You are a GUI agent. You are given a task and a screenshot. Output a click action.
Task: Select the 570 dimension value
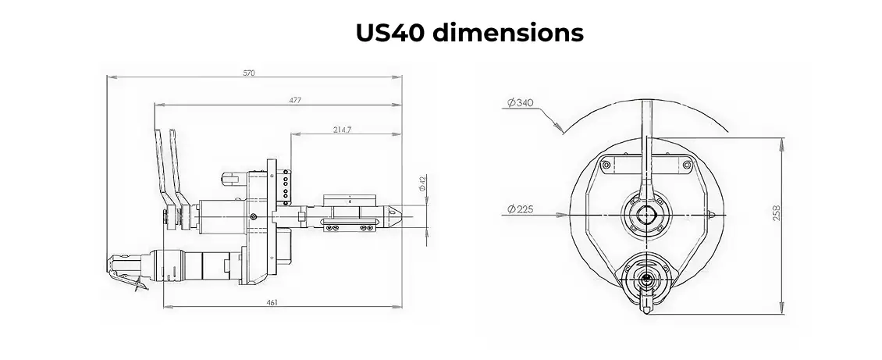pos(249,73)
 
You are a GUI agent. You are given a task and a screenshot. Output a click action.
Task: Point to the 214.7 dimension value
pos(342,129)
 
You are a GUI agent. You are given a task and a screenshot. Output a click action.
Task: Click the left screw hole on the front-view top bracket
pos(605,165)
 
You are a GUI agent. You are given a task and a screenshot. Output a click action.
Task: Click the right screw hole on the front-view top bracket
pos(686,165)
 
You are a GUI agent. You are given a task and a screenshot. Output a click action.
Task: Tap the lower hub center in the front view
pos(645,277)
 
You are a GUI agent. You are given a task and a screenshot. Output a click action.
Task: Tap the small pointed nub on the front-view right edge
pos(712,214)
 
